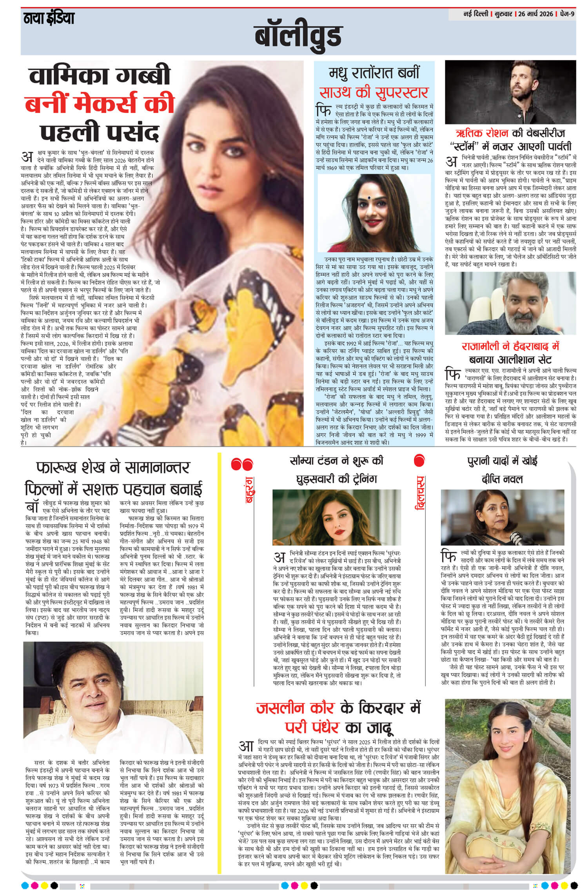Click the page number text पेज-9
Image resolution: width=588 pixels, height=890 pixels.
tap(567, 14)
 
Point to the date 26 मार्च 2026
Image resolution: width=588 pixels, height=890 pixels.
tap(535, 14)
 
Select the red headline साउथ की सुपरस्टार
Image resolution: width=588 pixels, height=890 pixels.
tap(373, 93)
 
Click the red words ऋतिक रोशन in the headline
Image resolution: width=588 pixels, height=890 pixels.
tap(482, 133)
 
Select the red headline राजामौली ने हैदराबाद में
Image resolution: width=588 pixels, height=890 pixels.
tap(510, 346)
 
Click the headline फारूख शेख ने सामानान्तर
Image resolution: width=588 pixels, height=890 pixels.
tap(113, 468)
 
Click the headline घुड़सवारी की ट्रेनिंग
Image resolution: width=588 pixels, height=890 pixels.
tap(336, 479)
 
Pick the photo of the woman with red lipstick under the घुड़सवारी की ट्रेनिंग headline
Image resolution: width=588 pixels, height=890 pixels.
tap(336, 517)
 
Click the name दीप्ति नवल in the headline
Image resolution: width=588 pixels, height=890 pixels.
tap(502, 479)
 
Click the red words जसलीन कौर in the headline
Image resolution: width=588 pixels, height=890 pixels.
tap(295, 708)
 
